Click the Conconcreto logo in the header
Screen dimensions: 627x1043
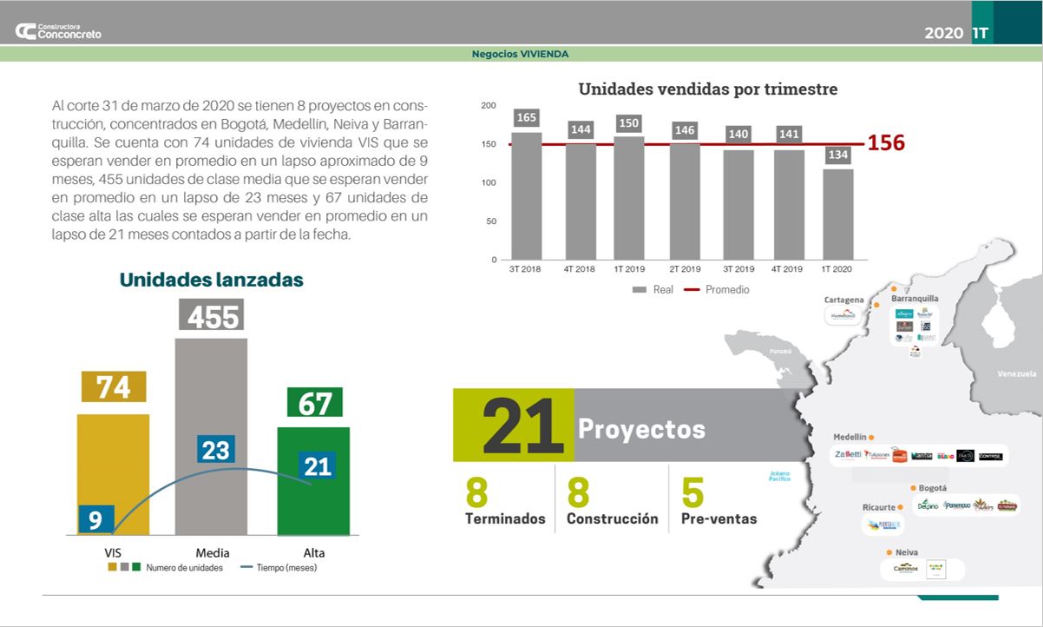(x=58, y=31)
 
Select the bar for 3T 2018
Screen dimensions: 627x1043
(x=526, y=195)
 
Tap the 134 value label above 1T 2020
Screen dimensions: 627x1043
(x=838, y=155)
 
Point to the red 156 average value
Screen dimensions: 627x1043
(x=886, y=143)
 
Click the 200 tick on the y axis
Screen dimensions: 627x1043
(x=489, y=106)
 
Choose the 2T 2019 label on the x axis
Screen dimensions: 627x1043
(x=685, y=269)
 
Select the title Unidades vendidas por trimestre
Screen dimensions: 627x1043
(x=708, y=89)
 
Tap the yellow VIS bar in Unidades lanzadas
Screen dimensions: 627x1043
(x=113, y=473)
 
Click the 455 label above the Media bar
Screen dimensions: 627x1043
(x=212, y=315)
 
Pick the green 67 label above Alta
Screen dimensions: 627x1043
(x=314, y=403)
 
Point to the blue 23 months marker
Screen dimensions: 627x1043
(x=215, y=450)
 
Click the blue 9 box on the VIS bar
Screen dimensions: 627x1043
(x=95, y=519)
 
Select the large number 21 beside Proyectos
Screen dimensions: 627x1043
(x=514, y=426)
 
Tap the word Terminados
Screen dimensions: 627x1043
(x=505, y=518)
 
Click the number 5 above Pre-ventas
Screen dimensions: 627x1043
(x=692, y=492)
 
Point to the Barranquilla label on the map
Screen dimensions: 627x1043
(x=915, y=298)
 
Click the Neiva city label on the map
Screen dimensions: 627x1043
(x=907, y=552)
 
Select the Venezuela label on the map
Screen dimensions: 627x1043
(x=1017, y=373)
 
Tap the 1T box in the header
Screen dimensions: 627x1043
(x=981, y=33)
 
